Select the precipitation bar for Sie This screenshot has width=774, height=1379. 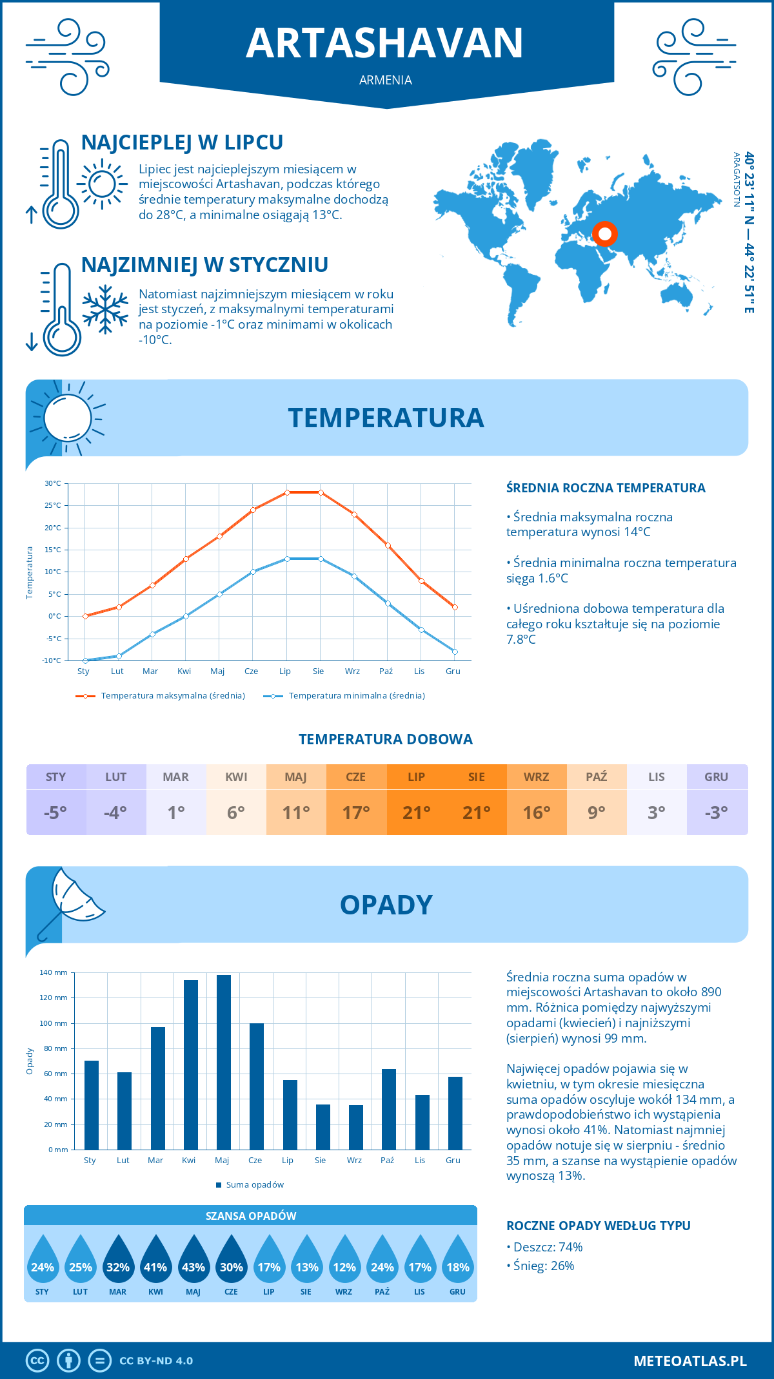(323, 1127)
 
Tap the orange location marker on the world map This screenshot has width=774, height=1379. (605, 233)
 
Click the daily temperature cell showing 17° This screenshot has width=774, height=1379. (356, 813)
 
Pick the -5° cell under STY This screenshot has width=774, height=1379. (55, 813)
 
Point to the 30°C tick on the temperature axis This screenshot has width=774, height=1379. (53, 483)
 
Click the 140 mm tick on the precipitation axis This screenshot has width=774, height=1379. (54, 972)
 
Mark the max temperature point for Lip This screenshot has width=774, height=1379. (287, 492)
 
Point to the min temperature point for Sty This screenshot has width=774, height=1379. (85, 661)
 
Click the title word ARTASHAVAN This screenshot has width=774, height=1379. (385, 43)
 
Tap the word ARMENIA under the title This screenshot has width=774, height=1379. (386, 80)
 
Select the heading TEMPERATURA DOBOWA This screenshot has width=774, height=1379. (386, 739)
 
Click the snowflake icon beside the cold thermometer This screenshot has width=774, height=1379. (105, 309)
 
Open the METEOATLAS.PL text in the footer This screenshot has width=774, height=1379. (690, 1360)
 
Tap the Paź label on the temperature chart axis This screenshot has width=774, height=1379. (386, 671)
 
